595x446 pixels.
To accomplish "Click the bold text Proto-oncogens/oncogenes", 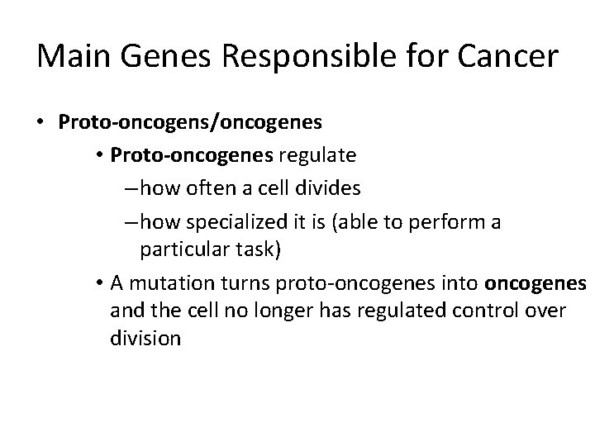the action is pos(190,122).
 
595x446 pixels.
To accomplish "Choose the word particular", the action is pos(179,248).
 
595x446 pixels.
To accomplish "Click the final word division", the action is pos(144,338).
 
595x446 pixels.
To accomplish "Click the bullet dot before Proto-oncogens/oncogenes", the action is pos(40,123).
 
